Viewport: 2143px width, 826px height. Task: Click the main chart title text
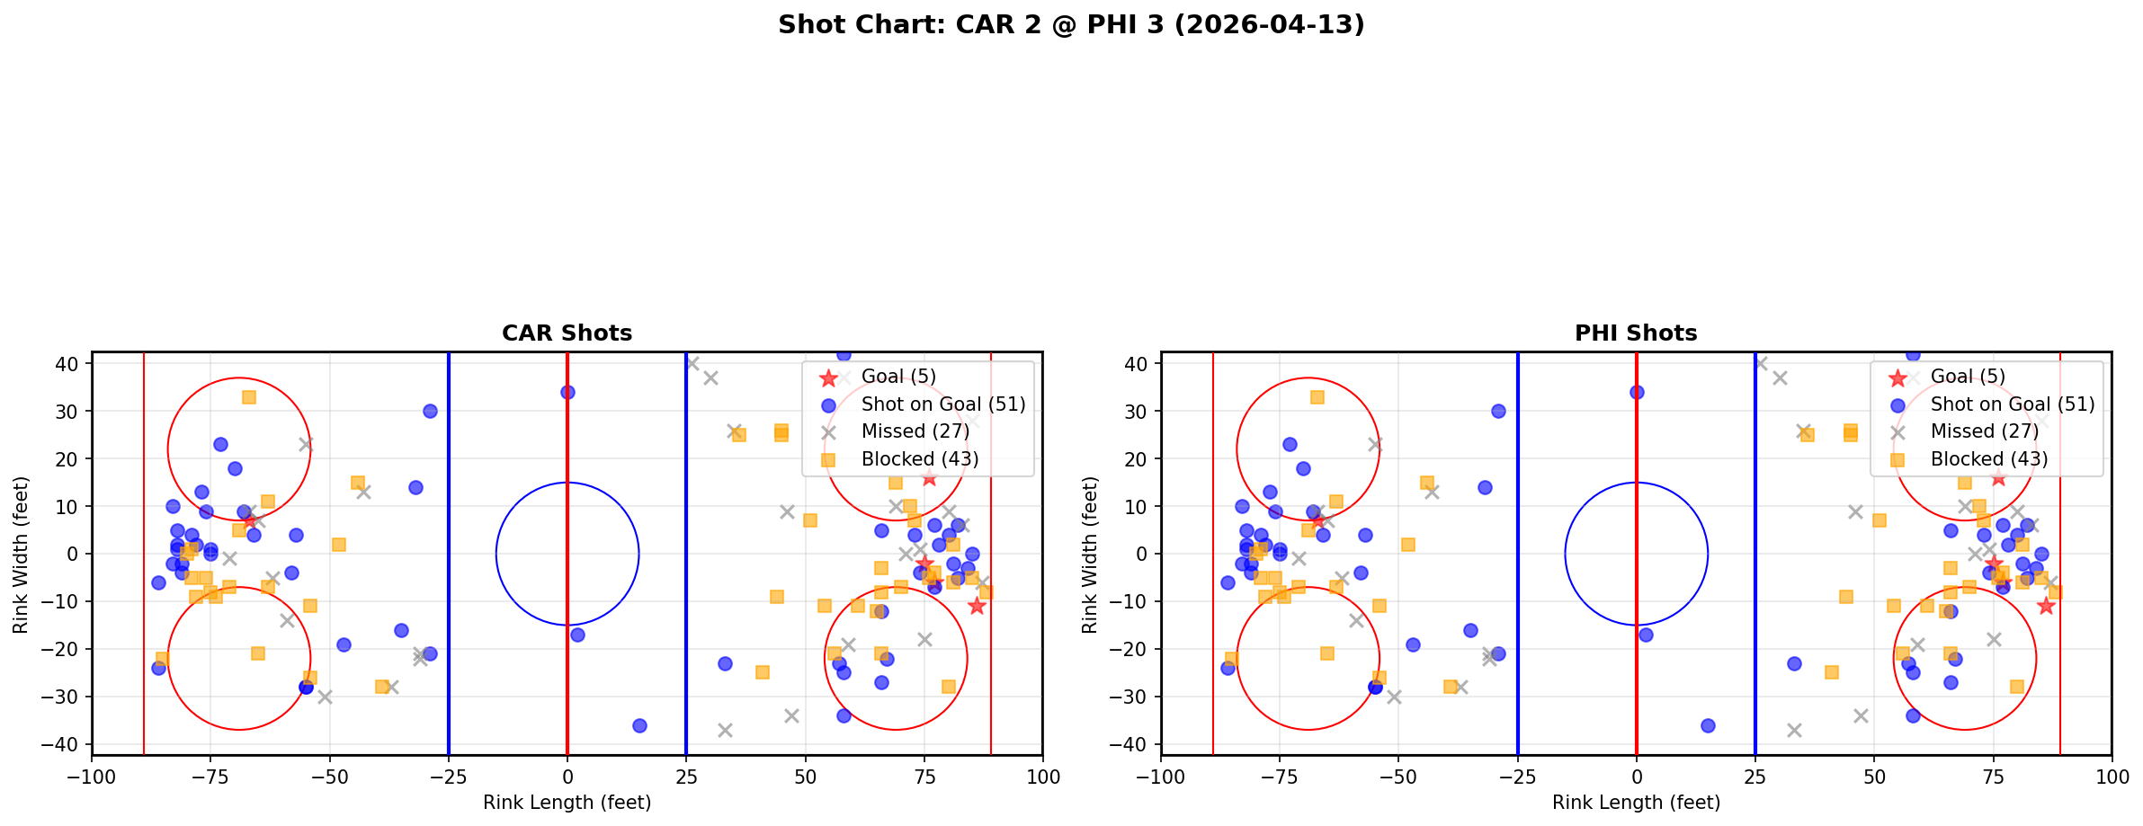[1071, 24]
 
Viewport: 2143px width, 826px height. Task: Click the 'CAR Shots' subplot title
[567, 333]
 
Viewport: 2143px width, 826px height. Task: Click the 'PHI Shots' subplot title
[1636, 333]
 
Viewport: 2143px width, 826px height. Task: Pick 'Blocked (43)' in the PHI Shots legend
[1988, 459]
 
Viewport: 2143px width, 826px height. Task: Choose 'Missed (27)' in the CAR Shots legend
[915, 431]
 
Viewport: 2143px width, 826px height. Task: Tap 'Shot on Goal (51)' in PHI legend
[2012, 404]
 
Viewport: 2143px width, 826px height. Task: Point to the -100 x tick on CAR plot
[92, 777]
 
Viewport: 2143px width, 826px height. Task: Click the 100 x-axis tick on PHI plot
[2112, 777]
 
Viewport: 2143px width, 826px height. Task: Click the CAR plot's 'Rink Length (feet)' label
[567, 803]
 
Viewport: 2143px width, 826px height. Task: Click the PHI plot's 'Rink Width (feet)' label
[1090, 554]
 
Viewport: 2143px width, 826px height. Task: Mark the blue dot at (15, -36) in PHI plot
[1708, 725]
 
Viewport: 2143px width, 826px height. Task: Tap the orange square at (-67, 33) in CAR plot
[249, 396]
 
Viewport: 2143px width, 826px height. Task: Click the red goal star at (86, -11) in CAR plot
[977, 606]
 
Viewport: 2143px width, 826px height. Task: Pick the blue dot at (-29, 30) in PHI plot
[1498, 411]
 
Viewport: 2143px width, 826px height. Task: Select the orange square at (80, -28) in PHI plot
[2017, 687]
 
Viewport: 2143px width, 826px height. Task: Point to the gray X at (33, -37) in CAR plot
[725, 730]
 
